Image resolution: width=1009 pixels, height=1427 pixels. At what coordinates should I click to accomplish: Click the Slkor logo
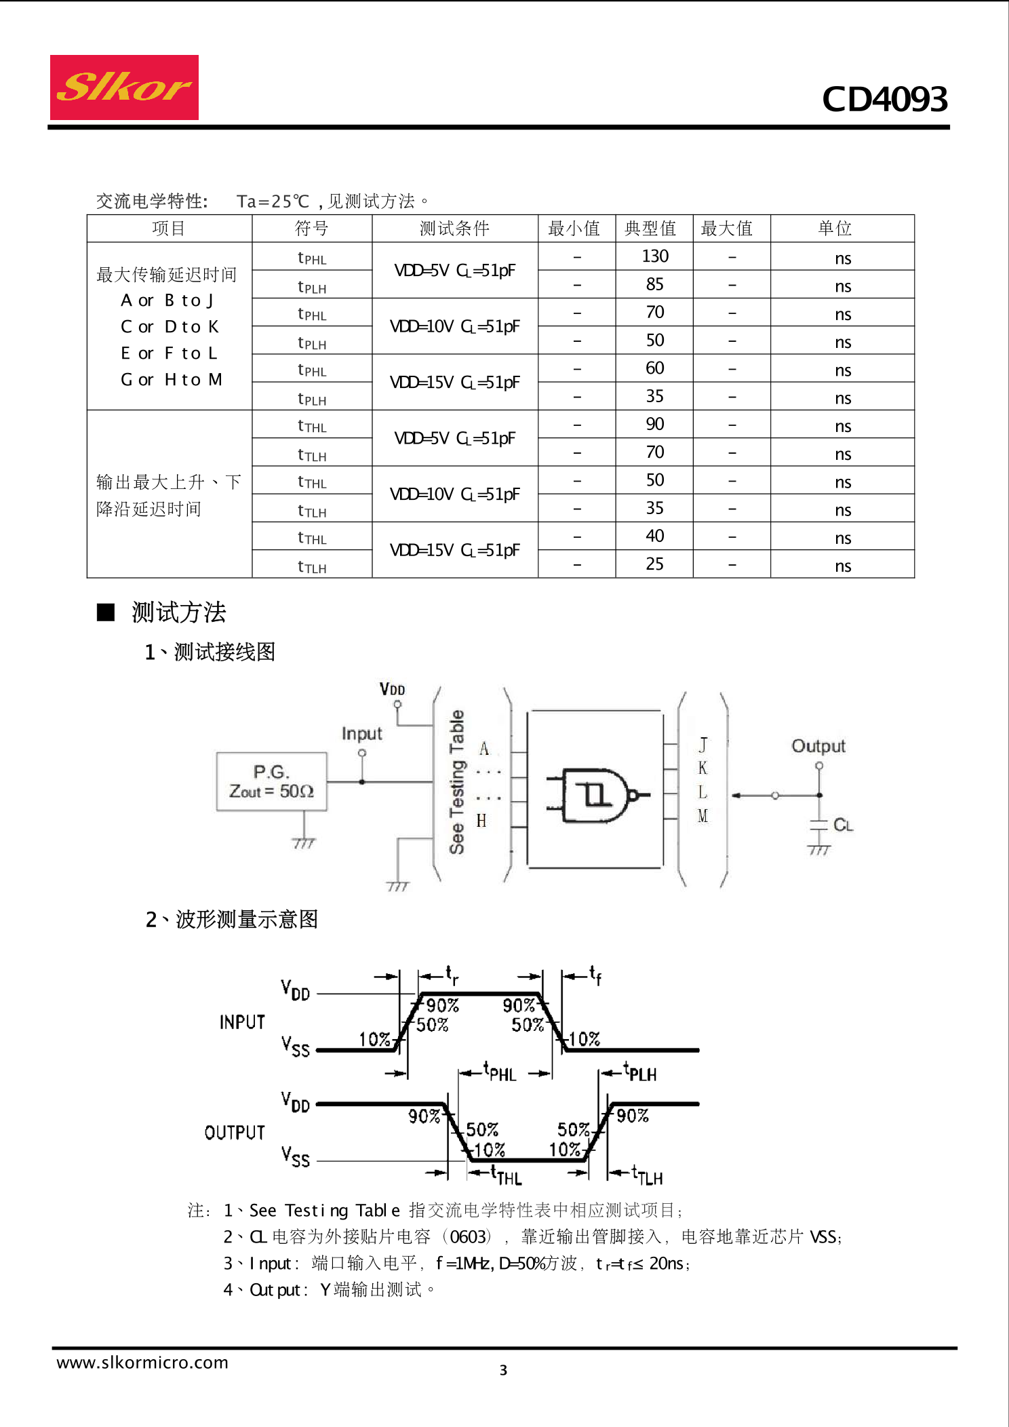124,87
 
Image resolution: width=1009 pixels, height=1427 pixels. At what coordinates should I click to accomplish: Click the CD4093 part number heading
884,99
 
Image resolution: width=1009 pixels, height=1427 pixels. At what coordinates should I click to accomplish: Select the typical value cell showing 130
654,256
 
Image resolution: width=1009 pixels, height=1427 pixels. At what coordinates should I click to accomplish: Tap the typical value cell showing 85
654,284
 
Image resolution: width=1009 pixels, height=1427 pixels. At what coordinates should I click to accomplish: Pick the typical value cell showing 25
654,564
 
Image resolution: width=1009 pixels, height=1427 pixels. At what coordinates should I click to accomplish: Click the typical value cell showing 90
654,425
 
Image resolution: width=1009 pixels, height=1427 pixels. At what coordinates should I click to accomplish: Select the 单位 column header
835,229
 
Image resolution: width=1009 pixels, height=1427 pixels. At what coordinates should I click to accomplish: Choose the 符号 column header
311,229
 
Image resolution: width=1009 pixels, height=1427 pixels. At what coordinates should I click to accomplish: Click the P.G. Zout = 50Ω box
271,781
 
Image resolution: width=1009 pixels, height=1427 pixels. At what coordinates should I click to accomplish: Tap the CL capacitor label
843,825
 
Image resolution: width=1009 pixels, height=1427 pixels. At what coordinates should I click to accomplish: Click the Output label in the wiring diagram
818,746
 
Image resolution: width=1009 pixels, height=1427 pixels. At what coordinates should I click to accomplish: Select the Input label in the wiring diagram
361,733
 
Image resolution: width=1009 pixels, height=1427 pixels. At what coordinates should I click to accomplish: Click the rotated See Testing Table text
457,781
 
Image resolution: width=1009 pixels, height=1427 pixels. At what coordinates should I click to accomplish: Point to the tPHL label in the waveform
500,1072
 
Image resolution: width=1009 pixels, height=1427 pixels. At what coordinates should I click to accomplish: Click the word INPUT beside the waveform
242,1022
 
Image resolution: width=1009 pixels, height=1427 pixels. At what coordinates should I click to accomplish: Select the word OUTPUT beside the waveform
235,1132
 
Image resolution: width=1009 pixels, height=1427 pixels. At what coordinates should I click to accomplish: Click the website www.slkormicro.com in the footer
142,1362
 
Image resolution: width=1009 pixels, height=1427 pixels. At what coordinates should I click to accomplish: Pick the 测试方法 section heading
178,612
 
